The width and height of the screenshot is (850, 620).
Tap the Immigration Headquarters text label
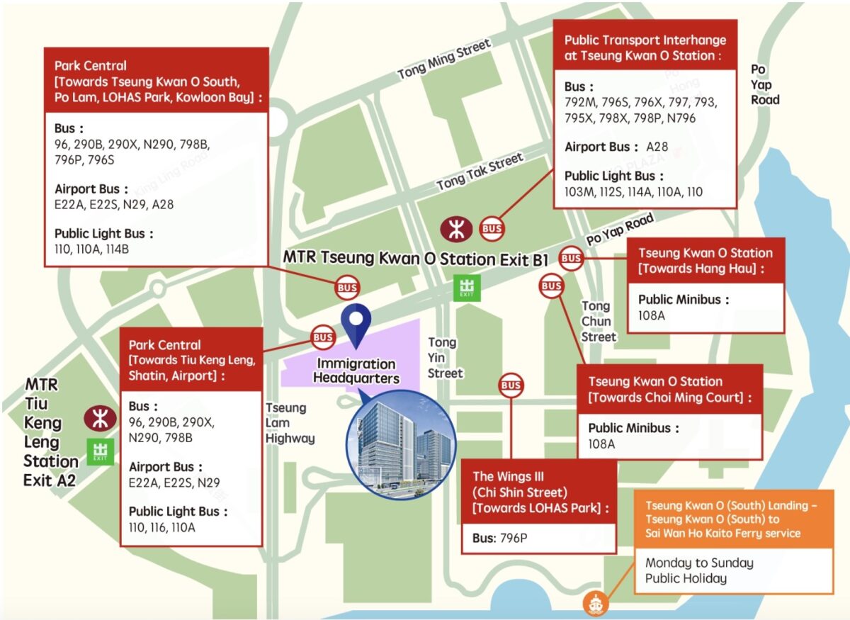[x=356, y=371]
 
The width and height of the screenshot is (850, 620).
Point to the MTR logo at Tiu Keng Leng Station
[x=100, y=418]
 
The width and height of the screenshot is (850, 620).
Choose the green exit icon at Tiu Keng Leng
[x=100, y=451]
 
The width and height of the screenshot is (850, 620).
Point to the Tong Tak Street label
[x=480, y=171]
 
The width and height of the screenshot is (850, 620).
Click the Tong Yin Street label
[x=444, y=357]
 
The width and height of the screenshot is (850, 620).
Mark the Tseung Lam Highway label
[x=289, y=423]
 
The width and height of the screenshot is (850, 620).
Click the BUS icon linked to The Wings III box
[x=510, y=385]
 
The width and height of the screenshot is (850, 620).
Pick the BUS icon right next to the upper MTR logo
[x=492, y=228]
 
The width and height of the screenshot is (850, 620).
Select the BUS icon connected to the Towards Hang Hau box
[x=572, y=259]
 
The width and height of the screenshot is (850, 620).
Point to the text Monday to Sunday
[x=698, y=563]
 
